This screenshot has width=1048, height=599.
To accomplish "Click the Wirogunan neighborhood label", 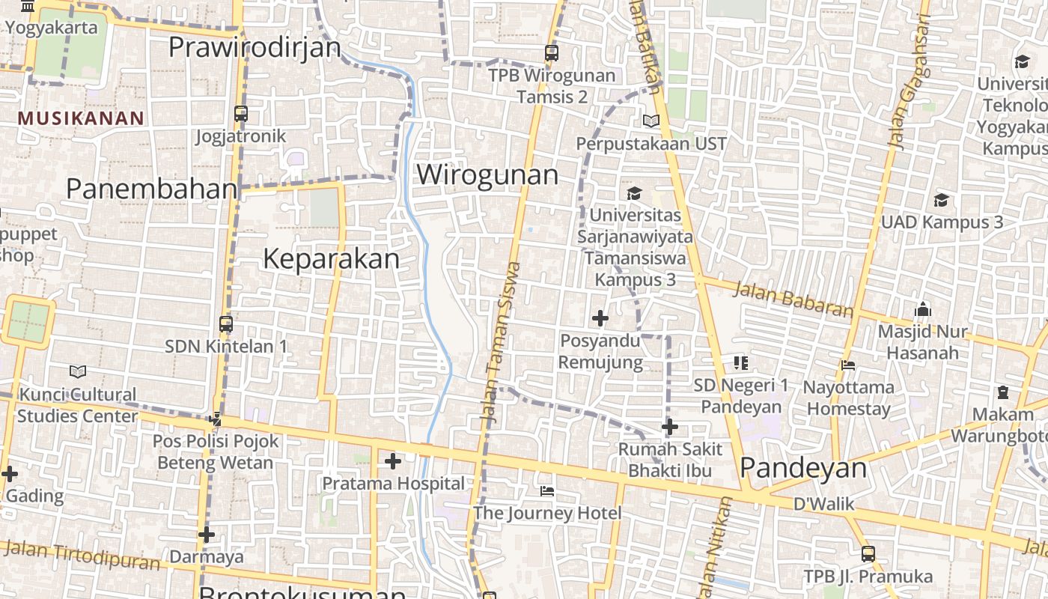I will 487,174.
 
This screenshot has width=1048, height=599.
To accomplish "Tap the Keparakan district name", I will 331,258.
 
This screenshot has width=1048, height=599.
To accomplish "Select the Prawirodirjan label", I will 255,46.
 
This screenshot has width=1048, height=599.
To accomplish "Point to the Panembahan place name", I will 152,189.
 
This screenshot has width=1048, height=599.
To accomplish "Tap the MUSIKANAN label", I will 81,118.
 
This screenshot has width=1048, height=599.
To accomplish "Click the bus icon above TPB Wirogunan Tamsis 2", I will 552,53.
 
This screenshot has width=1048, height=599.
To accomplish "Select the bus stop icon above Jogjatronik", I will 240,114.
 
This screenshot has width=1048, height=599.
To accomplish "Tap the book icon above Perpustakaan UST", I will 651,121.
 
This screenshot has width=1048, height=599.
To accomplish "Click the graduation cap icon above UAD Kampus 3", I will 941,200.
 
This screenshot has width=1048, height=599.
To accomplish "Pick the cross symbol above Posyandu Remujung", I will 600,318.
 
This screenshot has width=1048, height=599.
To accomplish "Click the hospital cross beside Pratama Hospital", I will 392,461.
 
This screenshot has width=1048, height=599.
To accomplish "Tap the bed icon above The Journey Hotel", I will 547,491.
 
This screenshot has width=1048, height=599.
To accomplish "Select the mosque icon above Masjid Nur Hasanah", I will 922,309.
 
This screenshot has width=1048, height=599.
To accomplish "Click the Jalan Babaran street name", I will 793,299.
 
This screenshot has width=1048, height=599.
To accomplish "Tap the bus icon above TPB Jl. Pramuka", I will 868,554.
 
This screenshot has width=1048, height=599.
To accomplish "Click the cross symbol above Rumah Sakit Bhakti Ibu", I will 669,427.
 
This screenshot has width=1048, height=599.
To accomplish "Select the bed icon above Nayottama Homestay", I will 848,365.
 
